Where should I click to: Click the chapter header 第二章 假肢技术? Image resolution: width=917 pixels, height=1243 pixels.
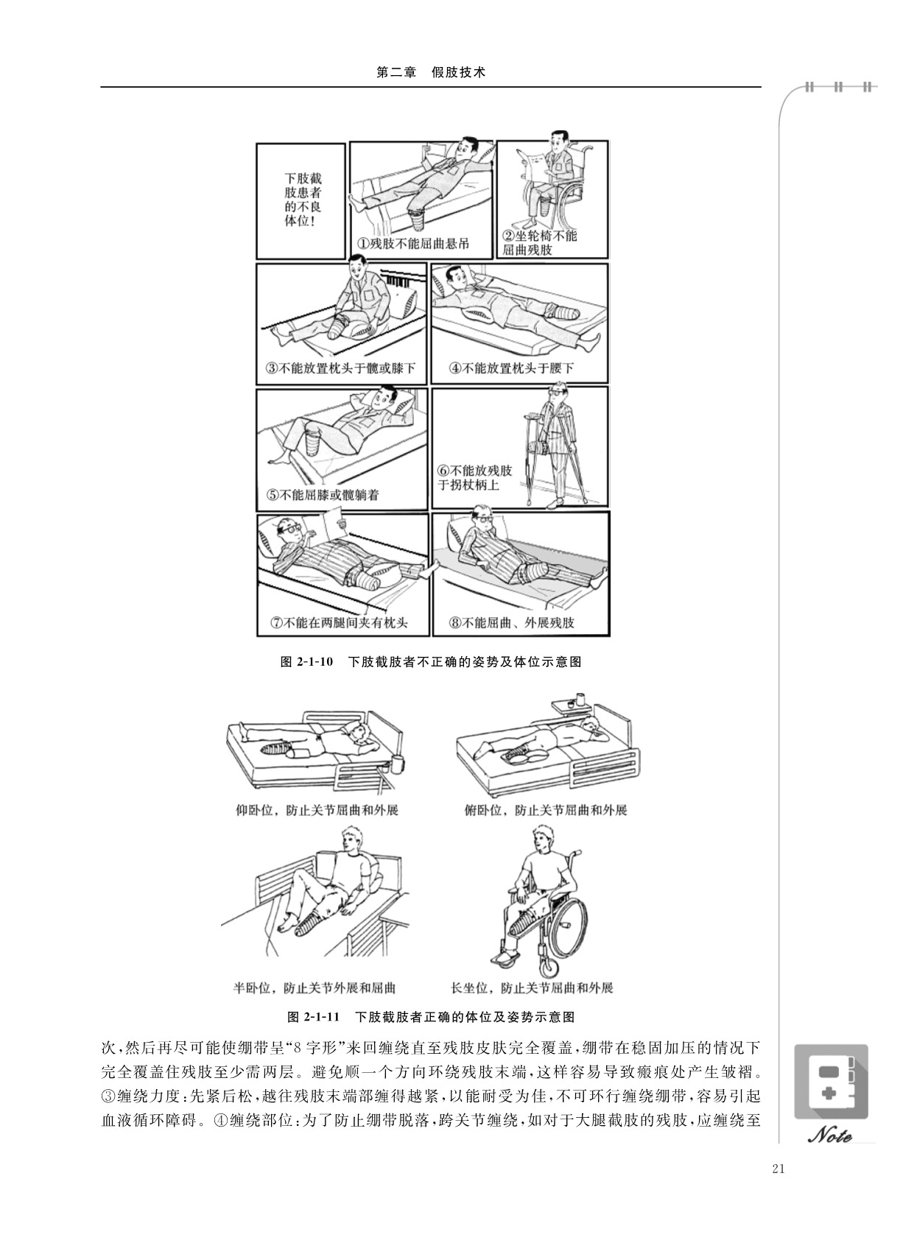[x=432, y=73]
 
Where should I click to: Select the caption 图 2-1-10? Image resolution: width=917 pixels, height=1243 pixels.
[x=306, y=662]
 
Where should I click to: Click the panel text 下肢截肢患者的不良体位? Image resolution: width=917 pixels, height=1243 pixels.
[x=303, y=200]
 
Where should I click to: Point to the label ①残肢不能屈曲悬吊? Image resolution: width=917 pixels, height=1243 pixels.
[x=412, y=244]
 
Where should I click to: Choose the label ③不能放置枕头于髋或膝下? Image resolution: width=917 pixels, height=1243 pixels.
[x=341, y=368]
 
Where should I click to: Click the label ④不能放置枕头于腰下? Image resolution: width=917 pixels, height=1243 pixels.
[x=510, y=368]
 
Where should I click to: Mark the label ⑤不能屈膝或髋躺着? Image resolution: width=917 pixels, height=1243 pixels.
[x=323, y=494]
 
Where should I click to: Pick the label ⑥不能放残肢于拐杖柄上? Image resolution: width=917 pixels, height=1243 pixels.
[x=475, y=478]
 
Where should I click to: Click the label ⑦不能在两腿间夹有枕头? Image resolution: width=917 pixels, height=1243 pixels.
[x=339, y=623]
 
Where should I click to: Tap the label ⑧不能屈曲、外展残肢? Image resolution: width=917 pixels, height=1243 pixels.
[x=511, y=623]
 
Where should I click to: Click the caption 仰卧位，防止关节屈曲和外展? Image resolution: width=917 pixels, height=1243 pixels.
[x=317, y=811]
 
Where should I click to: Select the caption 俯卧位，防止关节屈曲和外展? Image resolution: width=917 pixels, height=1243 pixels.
[x=546, y=811]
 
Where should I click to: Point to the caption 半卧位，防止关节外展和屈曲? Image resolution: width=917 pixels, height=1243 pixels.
[x=315, y=988]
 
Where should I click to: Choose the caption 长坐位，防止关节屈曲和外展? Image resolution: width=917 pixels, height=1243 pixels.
[x=532, y=988]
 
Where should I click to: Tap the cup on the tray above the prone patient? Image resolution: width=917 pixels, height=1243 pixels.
[x=580, y=699]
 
